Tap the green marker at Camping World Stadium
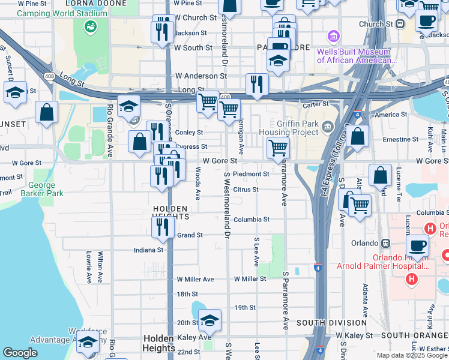click(91, 26)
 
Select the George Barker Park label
click(41, 190)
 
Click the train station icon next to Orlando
click(385, 244)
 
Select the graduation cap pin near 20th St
click(209, 320)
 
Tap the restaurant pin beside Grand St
click(162, 227)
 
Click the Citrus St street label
click(246, 190)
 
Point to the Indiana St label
click(148, 250)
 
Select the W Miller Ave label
click(195, 280)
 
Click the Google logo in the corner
click(20, 353)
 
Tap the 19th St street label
click(245, 308)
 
